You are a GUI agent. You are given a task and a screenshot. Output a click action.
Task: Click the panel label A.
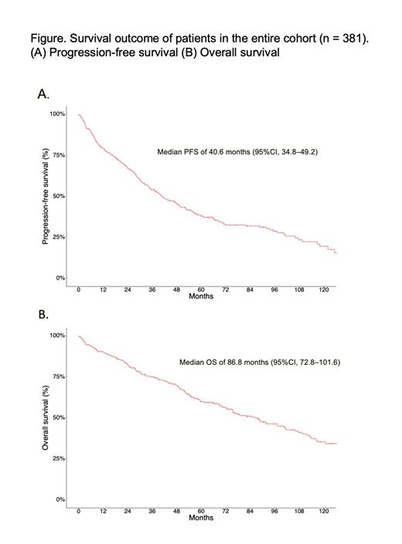click(x=43, y=93)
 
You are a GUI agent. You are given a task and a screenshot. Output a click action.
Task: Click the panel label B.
click(x=43, y=315)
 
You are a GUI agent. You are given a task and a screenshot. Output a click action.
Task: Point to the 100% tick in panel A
click(x=58, y=114)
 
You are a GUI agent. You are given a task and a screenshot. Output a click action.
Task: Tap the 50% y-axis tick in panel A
click(x=60, y=196)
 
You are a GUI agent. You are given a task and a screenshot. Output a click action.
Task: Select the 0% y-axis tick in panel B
click(x=61, y=499)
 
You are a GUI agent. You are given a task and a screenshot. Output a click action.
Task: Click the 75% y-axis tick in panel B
click(x=60, y=376)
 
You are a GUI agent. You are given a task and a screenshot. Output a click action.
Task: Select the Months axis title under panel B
click(x=201, y=518)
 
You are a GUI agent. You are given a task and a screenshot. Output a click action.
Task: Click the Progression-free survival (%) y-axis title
click(x=45, y=197)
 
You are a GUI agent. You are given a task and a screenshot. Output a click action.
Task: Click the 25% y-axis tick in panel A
click(x=60, y=236)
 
